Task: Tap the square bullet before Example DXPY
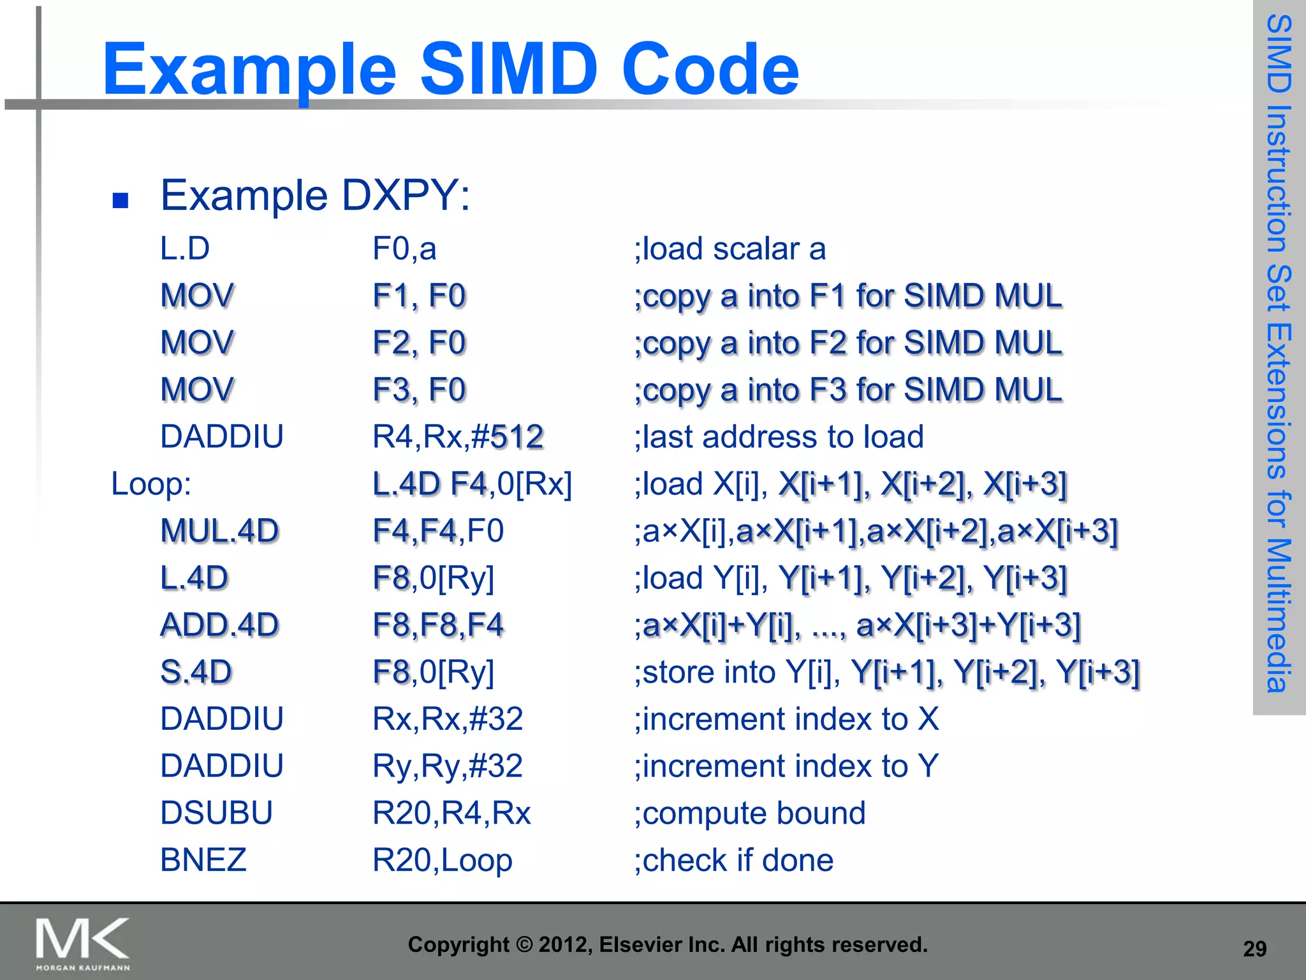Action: (121, 201)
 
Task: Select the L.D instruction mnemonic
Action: (185, 248)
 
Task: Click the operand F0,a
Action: (404, 248)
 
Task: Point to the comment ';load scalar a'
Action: (730, 248)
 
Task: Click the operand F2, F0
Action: (419, 343)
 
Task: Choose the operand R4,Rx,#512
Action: (457, 437)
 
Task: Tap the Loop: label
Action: (151, 484)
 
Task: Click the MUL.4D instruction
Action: (219, 531)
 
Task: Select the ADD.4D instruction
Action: (219, 625)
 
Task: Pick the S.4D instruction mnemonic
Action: (196, 672)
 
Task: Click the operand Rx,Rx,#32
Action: (448, 719)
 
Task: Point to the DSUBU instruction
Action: (216, 813)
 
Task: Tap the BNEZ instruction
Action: (203, 860)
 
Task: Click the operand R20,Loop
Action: (442, 860)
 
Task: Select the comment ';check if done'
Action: (733, 860)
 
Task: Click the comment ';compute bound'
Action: (749, 813)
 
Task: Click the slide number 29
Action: (1254, 949)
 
